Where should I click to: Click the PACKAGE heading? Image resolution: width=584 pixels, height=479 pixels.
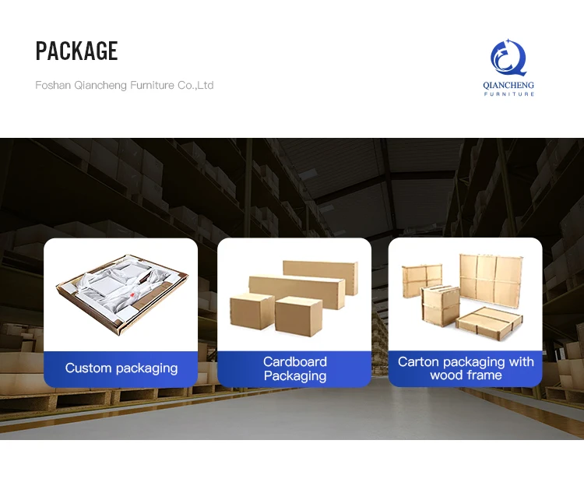76,51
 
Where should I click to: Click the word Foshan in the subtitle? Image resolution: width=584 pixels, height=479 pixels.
53,85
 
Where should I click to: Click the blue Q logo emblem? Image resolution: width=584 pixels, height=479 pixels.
509,58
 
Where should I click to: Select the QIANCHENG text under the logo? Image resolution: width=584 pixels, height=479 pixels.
509,85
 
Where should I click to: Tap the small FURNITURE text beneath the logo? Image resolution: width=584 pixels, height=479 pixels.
509,94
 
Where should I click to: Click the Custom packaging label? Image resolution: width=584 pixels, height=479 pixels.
121,368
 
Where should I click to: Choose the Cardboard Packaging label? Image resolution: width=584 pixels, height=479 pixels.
294,368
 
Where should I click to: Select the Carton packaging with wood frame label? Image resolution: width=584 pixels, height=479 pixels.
466,368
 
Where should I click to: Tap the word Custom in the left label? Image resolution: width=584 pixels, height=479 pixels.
87,368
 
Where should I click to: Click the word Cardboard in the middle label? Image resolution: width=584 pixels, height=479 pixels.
294,361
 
